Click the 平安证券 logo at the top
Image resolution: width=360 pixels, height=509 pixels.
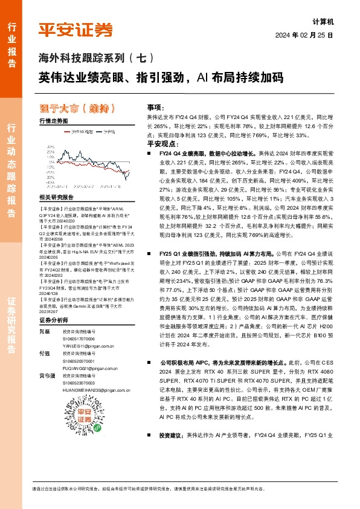tap(76, 30)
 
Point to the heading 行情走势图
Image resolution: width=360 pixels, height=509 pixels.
tap(53, 121)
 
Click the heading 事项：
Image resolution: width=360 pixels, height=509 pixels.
tap(156, 105)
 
